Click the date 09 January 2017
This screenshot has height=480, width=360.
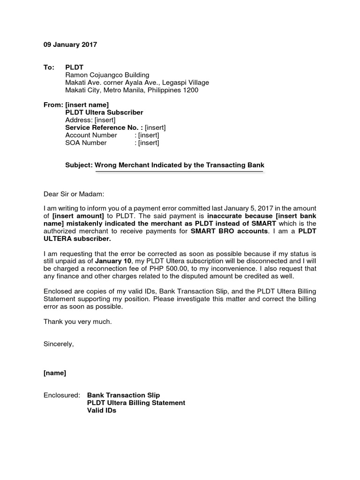click(70, 45)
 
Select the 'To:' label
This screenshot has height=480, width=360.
click(49, 67)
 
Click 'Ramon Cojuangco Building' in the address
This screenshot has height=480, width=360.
click(107, 75)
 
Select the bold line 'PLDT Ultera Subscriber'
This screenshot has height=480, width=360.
click(104, 112)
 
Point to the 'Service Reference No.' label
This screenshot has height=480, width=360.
click(103, 127)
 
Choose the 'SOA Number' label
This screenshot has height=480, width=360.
click(86, 142)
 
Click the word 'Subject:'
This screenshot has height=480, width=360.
click(79, 165)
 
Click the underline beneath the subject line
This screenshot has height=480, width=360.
click(179, 172)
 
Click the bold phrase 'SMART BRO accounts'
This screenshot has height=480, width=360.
click(229, 232)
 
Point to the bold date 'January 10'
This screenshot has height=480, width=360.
click(114, 262)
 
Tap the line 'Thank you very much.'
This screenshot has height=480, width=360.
click(78, 322)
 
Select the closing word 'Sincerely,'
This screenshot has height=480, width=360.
click(59, 344)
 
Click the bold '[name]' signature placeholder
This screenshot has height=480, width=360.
click(55, 373)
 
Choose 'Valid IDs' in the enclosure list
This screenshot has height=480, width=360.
click(102, 410)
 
